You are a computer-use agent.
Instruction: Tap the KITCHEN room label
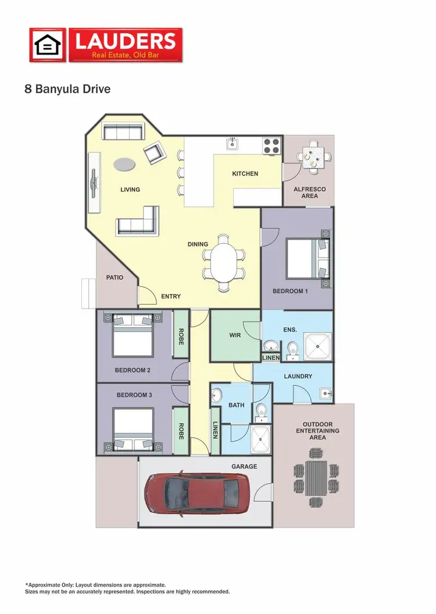245,174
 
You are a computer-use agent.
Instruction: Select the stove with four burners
271,145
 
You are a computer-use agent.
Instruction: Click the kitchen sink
232,143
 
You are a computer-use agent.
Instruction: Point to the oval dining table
223,262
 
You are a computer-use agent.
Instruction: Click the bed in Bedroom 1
307,259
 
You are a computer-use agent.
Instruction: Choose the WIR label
234,335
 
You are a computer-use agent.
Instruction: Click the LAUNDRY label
298,376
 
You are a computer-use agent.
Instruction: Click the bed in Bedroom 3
133,431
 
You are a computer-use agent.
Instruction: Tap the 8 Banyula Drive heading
67,90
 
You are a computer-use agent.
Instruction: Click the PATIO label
115,277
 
